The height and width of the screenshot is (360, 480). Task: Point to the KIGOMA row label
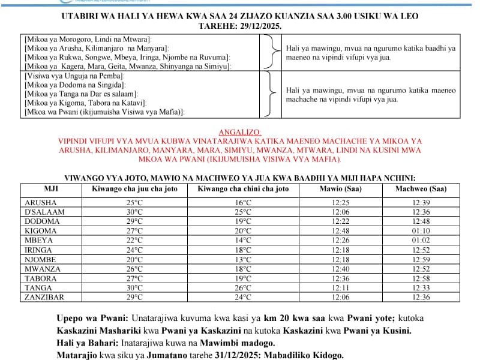(41, 231)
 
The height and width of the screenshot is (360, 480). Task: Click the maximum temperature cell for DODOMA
(134, 221)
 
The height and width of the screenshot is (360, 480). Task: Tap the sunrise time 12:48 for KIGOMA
(341, 231)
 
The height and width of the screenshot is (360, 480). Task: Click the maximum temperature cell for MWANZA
(134, 269)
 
